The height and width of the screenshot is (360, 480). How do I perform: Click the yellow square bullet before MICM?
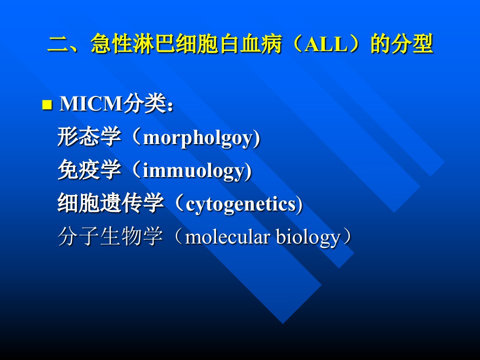tap(47, 104)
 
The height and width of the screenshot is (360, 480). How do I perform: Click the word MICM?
tap(91, 103)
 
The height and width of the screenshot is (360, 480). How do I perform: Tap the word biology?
tap(308, 237)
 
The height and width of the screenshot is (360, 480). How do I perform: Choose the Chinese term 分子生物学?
tap(110, 236)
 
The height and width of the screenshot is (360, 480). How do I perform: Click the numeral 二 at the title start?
tap(58, 44)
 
